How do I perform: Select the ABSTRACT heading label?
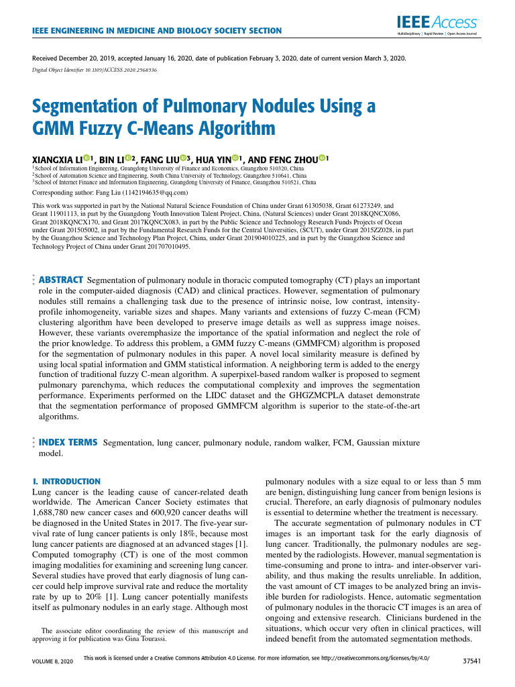point(60,279)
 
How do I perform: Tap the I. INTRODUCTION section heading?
point(66,482)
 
